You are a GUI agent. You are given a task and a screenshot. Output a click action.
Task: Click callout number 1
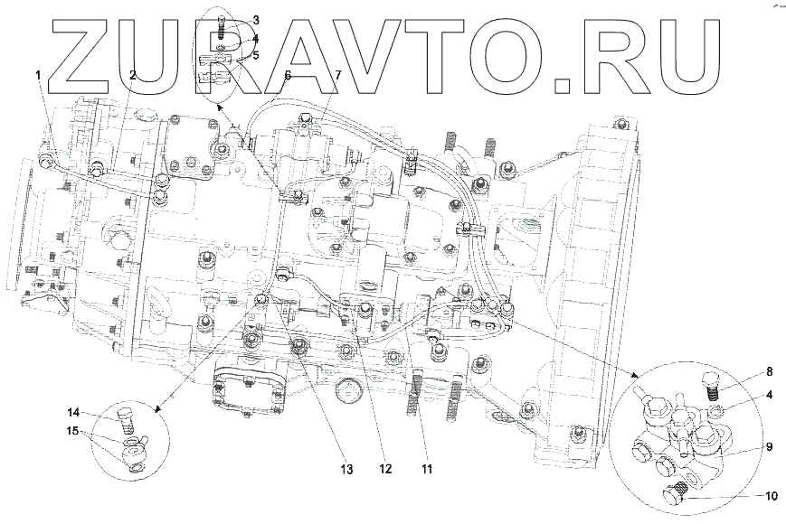tap(39, 76)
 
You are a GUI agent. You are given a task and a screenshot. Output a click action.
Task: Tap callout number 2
tap(133, 76)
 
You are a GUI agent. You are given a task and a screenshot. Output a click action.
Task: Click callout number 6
tap(288, 76)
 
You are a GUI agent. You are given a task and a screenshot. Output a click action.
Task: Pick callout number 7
tap(337, 76)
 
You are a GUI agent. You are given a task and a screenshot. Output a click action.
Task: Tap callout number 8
tap(769, 370)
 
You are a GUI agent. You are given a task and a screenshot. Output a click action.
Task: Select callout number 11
tap(427, 469)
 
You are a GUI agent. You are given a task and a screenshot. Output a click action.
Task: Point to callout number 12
tap(385, 469)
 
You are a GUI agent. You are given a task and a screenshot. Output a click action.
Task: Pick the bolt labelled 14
tap(126, 418)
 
